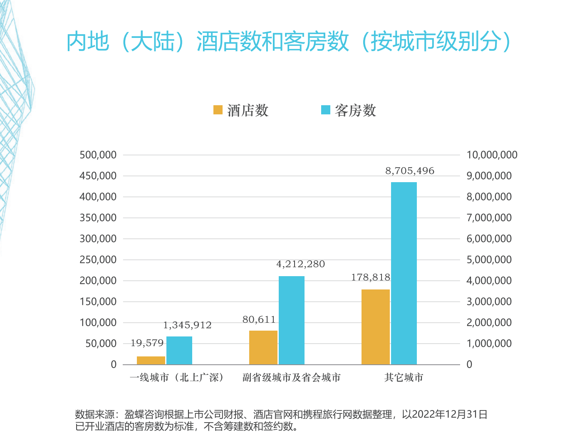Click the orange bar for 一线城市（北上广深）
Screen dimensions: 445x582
tap(151, 360)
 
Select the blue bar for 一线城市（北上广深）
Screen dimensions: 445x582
tap(179, 350)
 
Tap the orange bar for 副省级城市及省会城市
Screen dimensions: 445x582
tap(263, 347)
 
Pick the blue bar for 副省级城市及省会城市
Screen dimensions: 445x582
tap(291, 320)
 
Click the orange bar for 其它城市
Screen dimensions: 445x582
tap(375, 327)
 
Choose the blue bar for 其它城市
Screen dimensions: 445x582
tap(404, 273)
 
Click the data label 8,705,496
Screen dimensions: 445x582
tap(409, 171)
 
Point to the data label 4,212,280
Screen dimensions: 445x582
tap(300, 264)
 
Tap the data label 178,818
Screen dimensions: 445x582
tap(370, 277)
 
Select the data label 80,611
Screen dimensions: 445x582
tap(259, 320)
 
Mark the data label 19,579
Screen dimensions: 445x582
tap(147, 343)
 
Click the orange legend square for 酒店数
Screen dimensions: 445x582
tap(218, 110)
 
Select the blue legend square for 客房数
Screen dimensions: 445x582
tap(326, 110)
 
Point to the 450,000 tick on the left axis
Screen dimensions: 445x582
tap(98, 176)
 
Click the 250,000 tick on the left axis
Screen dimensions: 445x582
tap(98, 260)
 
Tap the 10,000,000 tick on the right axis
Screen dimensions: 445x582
tap(492, 155)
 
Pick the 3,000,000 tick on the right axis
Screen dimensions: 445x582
tap(489, 302)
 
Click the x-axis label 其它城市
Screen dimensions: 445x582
tap(404, 378)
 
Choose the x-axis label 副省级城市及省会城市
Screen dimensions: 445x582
tap(291, 378)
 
